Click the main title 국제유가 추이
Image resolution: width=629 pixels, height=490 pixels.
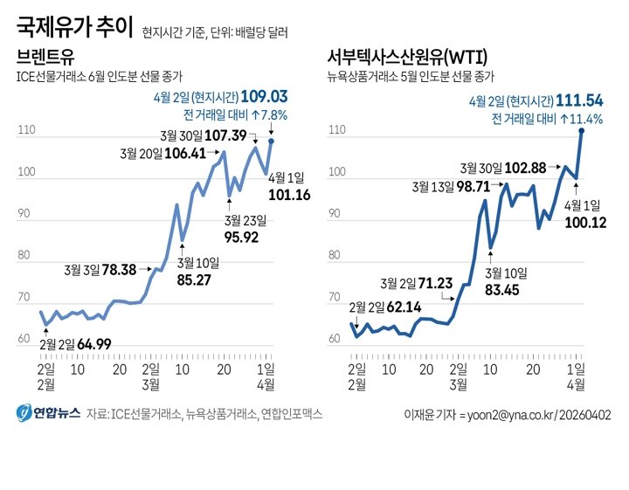74,29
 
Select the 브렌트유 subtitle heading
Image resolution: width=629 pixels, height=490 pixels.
45,58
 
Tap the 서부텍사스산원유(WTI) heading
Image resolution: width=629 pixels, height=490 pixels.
407,58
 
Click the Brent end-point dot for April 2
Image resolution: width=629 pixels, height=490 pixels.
271,141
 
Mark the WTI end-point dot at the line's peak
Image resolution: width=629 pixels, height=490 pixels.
581,130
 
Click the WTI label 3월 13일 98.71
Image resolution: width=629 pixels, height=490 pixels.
451,186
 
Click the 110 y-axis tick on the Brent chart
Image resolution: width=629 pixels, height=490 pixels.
25,130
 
